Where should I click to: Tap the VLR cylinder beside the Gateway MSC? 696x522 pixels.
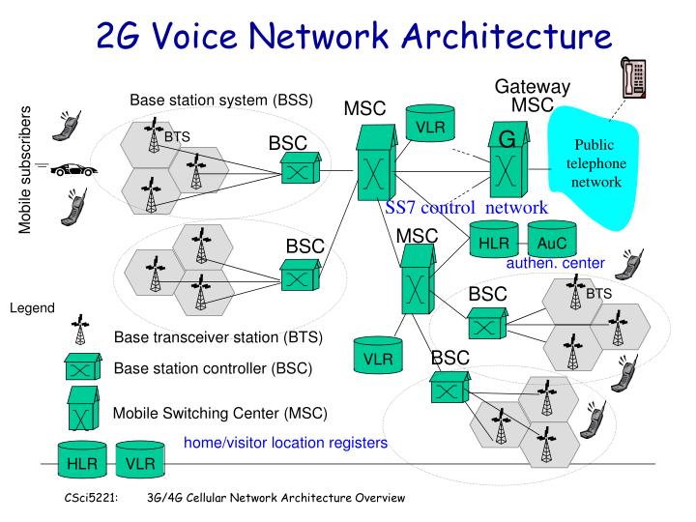(429, 127)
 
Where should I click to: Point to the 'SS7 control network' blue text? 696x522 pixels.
(467, 207)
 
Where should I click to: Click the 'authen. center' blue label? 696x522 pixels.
(555, 263)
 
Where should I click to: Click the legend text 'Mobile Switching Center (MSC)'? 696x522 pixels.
(220, 414)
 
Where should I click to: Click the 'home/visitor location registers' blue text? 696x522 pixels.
(285, 443)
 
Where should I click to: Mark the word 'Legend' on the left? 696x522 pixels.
(33, 308)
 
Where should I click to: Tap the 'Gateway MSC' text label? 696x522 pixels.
(532, 96)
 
